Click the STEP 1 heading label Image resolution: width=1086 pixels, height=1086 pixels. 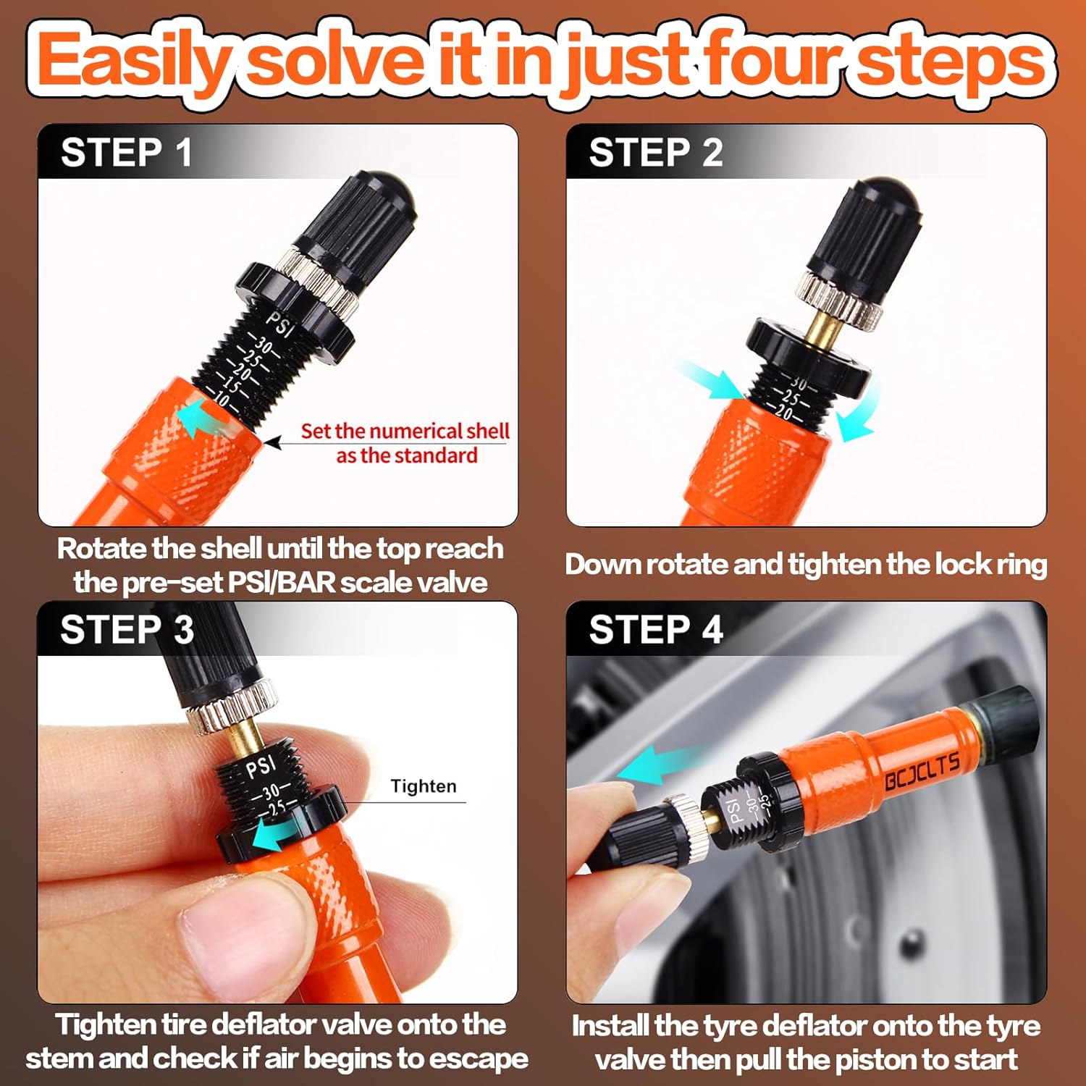click(127, 153)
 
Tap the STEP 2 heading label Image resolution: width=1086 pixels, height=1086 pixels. click(655, 153)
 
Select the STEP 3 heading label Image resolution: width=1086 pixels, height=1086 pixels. click(127, 629)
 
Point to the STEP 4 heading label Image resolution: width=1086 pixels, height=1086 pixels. click(655, 629)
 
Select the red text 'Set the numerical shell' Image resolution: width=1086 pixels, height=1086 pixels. click(405, 431)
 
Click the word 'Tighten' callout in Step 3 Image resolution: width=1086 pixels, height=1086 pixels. click(424, 786)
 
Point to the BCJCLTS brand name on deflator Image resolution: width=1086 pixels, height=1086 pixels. click(922, 771)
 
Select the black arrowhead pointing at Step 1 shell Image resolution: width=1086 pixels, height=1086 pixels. click(273, 442)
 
